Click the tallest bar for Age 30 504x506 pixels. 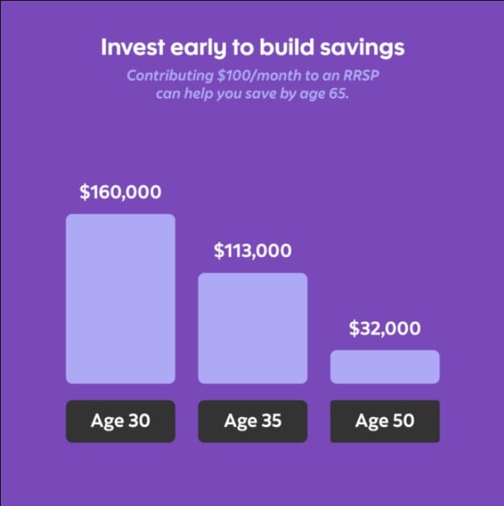point(120,298)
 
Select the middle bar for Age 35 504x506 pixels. point(253,327)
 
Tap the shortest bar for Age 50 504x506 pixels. point(384,366)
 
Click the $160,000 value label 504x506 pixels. point(120,192)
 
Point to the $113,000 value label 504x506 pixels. point(253,251)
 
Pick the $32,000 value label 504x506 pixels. point(384,329)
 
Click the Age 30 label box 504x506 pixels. point(120,421)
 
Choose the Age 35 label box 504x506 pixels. point(253,421)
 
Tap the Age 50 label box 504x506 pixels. point(384,421)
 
